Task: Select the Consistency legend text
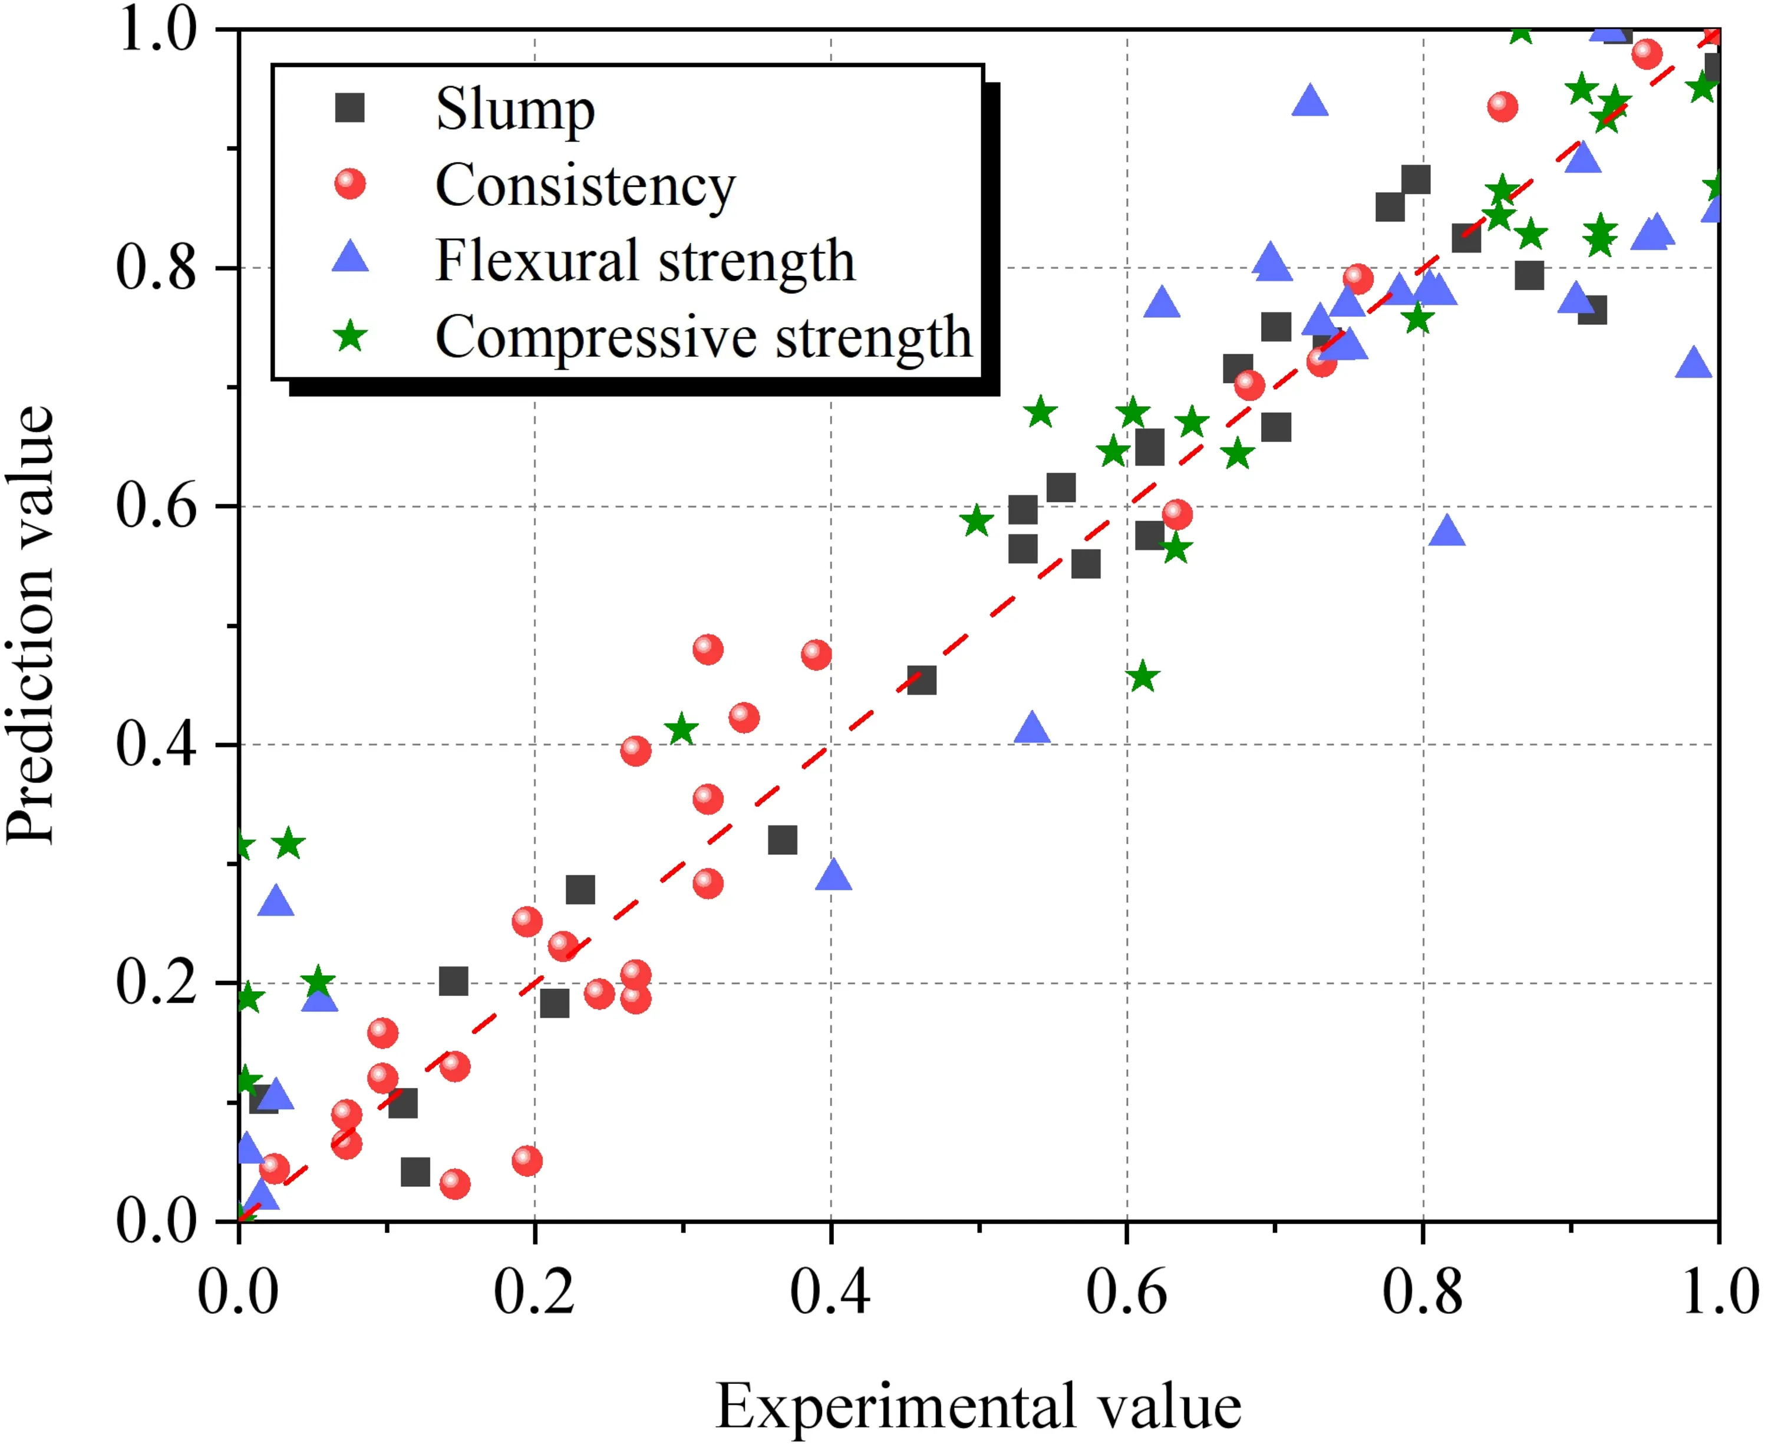pos(585,185)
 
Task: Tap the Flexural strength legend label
pos(645,261)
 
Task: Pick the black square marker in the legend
pos(350,108)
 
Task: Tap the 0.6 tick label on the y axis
pos(156,506)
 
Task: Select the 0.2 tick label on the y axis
pos(156,983)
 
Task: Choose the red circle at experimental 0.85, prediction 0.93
pos(1502,107)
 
